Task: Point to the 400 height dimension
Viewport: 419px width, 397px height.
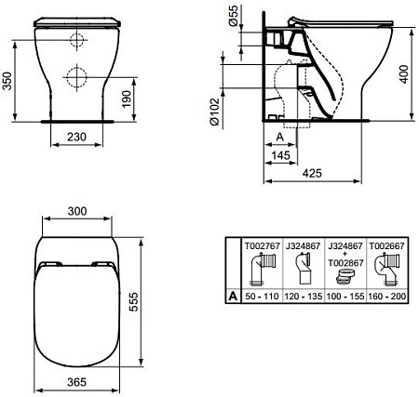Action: (x=406, y=73)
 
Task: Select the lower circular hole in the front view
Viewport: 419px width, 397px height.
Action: (x=73, y=77)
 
